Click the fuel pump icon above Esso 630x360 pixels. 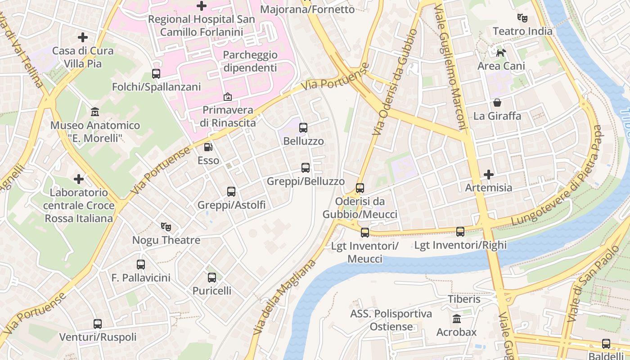(208, 147)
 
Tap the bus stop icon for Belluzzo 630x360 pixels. (303, 128)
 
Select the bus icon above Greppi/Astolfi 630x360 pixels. (231, 192)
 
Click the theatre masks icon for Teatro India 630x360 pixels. (522, 18)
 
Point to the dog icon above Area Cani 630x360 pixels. (501, 53)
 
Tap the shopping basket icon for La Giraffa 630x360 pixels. (497, 103)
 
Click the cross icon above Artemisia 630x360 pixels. (489, 174)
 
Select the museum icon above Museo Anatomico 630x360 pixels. (95, 112)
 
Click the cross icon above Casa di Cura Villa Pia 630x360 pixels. (83, 37)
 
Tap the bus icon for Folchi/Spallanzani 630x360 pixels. (156, 74)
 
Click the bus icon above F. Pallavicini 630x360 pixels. (141, 265)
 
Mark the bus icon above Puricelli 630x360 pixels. (212, 278)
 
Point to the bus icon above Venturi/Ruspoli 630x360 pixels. (98, 324)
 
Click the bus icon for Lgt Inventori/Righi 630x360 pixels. (460, 232)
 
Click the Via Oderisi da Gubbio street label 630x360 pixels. (396, 82)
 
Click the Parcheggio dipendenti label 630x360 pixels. (250, 62)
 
